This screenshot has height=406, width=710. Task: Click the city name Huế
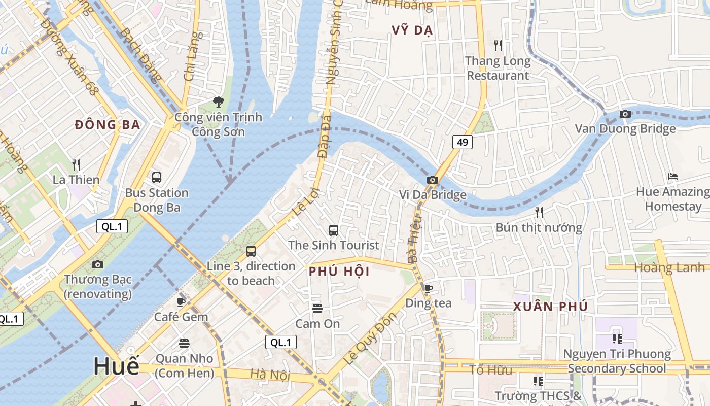tap(116, 366)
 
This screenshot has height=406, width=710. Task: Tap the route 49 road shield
tap(462, 142)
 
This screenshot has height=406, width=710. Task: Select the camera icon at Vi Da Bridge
tap(433, 180)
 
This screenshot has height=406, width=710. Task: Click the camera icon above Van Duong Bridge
tap(625, 114)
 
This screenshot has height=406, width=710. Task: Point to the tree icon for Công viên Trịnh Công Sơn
tap(219, 102)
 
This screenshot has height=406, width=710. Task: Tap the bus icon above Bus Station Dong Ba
tap(157, 178)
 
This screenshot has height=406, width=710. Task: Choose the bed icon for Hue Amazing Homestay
tap(673, 177)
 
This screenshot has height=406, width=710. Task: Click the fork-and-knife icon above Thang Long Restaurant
tap(498, 46)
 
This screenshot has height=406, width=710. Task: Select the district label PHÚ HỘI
tap(339, 272)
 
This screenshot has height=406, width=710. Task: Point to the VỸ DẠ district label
tap(412, 30)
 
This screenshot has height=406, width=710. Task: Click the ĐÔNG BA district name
tap(107, 125)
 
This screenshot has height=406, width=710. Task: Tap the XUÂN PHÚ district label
tap(550, 307)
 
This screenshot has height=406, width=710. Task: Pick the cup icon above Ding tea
tap(429, 289)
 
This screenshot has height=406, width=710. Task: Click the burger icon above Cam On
tap(317, 308)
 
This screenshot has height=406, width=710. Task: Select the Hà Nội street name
tap(270, 375)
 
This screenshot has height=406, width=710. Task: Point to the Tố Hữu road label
tap(490, 370)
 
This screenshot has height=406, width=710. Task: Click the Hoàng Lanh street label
tap(669, 267)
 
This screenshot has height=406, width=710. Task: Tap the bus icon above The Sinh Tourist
tap(334, 230)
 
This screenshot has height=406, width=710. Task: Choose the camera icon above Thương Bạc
tap(98, 264)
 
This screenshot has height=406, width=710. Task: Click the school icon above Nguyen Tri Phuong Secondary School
tap(617, 339)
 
